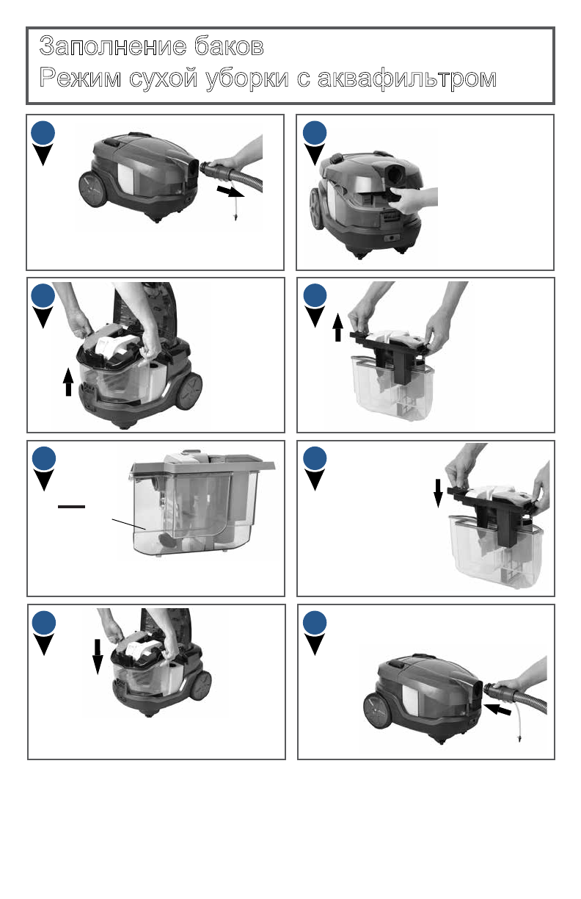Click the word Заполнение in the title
(113, 46)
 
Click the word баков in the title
(229, 46)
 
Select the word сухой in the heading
(163, 78)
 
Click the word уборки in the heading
(247, 78)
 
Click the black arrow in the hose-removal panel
(230, 191)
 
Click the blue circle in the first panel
(43, 132)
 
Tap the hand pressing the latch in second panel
(413, 199)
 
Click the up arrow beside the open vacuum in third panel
(68, 382)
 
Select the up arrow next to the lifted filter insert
(338, 327)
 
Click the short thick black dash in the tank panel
(71, 507)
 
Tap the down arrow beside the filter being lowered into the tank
(438, 494)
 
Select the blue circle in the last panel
(315, 623)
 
